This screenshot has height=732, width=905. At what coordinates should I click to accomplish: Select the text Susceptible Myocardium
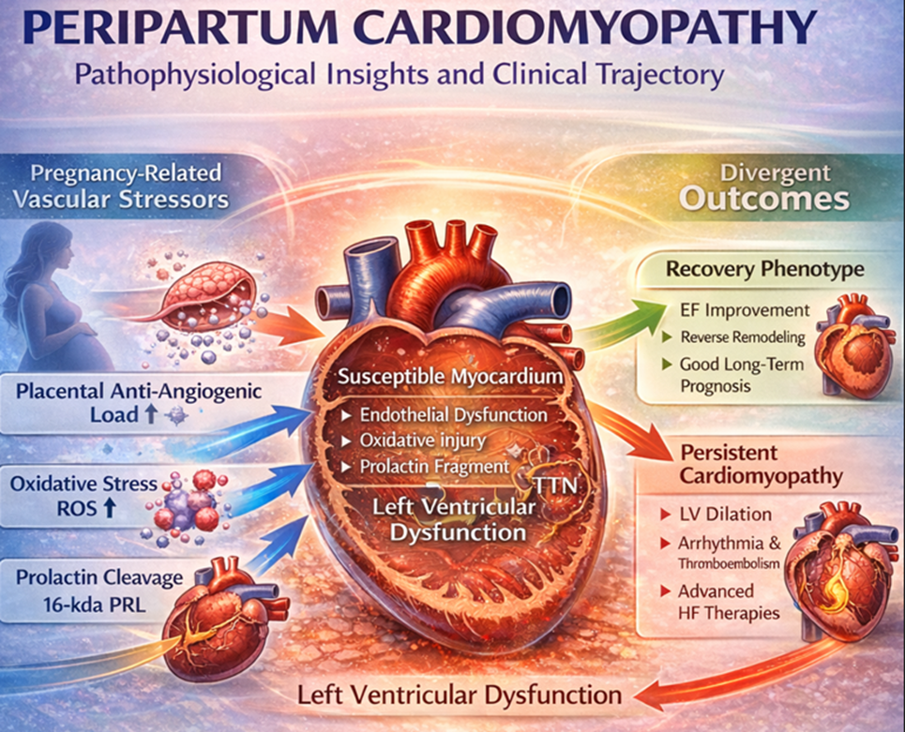pos(450,377)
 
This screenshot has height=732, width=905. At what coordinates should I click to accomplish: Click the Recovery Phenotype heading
pos(764,269)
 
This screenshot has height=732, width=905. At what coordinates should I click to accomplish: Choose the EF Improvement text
pos(746,310)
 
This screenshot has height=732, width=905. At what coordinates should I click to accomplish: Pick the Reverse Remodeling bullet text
pos(743,337)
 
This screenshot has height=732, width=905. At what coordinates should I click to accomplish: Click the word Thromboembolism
pos(729,564)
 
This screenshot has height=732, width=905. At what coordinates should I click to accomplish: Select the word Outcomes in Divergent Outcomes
pos(764,200)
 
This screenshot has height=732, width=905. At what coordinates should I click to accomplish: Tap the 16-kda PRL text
pos(95,605)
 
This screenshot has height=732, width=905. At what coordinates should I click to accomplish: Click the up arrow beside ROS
pos(109,508)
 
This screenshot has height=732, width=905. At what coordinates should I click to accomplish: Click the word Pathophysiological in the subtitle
pos(195,76)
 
